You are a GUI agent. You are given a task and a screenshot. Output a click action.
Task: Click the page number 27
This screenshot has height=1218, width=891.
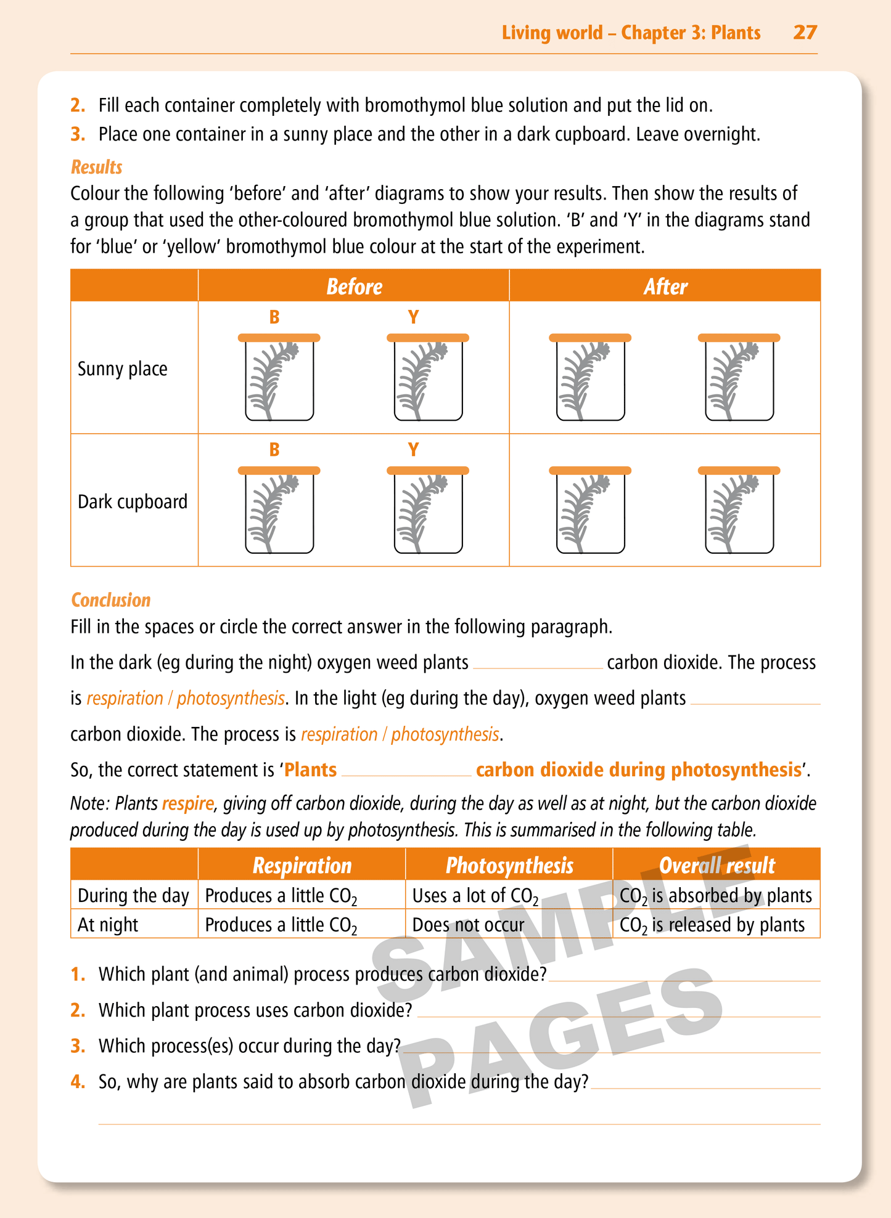[x=805, y=32]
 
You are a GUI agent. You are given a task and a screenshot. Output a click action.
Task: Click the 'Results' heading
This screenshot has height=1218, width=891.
[x=96, y=167]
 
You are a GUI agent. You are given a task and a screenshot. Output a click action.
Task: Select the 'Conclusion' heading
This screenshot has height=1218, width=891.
[x=110, y=600]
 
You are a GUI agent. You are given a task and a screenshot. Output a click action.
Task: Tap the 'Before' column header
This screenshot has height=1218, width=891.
[x=354, y=286]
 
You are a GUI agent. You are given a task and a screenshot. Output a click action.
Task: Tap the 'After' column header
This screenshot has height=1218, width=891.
[x=665, y=286]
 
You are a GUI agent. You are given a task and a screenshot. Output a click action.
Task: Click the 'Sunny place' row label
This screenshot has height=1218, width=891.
[x=122, y=369]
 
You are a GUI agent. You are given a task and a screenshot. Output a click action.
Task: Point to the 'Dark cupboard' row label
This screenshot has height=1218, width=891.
[x=132, y=501]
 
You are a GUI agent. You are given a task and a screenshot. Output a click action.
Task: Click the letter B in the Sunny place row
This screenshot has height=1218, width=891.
[x=274, y=317]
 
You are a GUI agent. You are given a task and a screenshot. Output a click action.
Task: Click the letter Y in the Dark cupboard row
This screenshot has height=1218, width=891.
[x=413, y=450]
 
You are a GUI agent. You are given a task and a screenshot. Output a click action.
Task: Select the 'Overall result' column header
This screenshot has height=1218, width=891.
[x=716, y=866]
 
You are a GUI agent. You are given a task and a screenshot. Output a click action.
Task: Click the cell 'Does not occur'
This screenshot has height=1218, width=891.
[x=468, y=925]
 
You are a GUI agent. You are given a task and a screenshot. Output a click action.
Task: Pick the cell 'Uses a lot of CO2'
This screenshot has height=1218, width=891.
[x=475, y=896]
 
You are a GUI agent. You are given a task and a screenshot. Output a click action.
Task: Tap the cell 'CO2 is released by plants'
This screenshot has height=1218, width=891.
[x=712, y=925]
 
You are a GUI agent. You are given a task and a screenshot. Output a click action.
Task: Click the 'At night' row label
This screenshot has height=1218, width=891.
[x=108, y=925]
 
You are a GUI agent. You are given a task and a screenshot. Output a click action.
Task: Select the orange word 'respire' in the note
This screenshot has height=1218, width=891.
[x=188, y=804]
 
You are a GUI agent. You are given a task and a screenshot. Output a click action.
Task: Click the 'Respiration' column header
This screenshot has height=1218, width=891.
[x=302, y=866]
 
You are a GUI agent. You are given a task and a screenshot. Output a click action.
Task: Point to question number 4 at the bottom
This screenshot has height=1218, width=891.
[x=78, y=1081]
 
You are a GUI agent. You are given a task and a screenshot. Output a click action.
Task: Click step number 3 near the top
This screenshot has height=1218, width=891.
[x=78, y=134]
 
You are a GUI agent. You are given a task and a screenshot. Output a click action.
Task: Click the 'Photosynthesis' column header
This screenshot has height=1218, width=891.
[x=509, y=866]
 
